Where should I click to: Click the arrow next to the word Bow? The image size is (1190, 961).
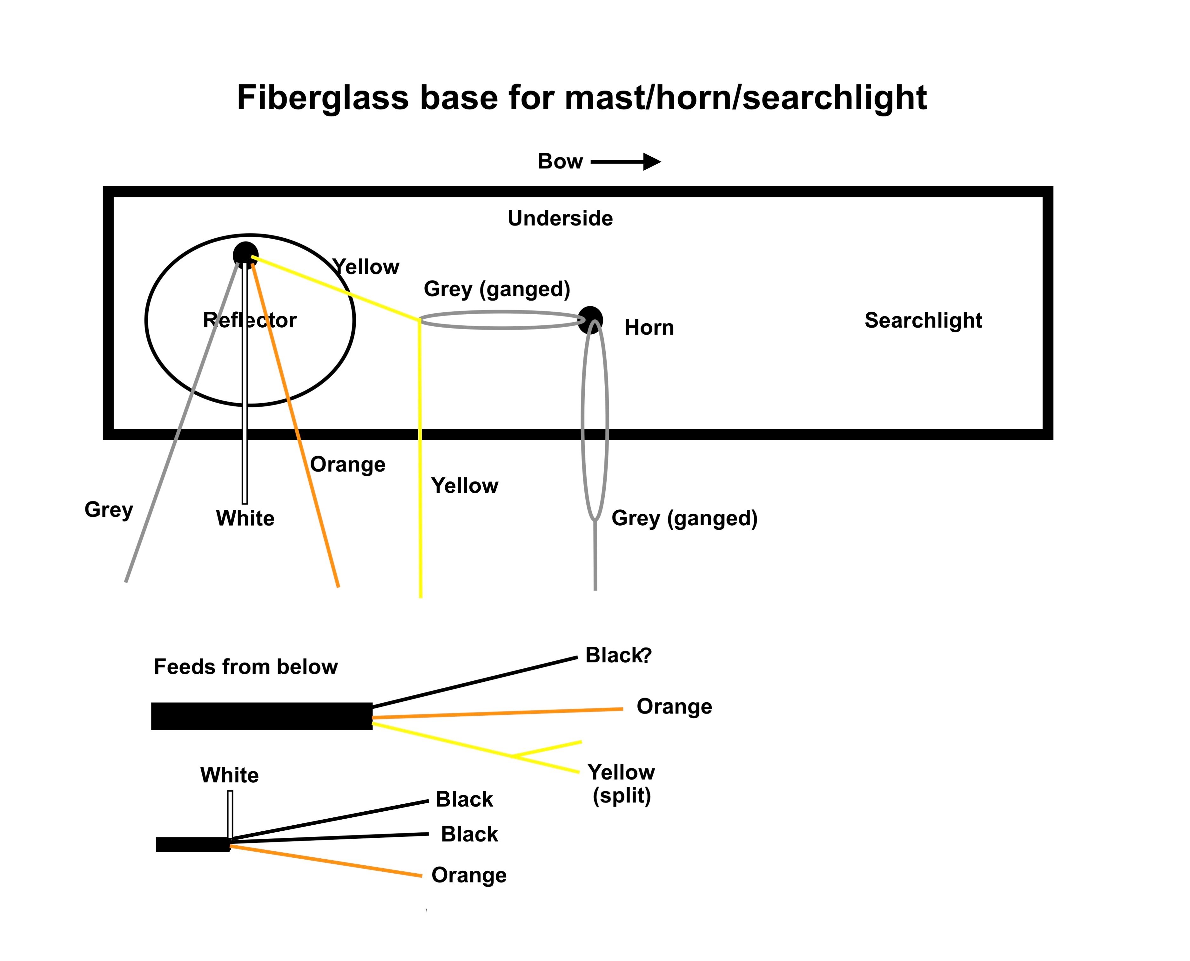click(x=626, y=162)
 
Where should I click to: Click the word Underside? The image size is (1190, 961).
click(x=560, y=218)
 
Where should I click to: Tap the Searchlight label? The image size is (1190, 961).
click(x=923, y=320)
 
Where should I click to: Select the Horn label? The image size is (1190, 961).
click(x=649, y=327)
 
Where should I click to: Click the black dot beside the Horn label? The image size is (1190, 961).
click(x=590, y=319)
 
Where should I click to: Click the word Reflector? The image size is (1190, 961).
click(x=250, y=320)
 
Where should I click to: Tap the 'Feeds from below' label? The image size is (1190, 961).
click(x=245, y=666)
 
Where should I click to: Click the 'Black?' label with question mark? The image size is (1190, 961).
click(x=618, y=655)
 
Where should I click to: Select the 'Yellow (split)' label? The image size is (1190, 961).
click(x=621, y=783)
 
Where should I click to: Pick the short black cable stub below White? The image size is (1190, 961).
click(x=192, y=844)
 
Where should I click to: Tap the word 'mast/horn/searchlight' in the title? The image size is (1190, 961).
click(x=745, y=98)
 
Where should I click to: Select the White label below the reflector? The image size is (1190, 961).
click(x=245, y=518)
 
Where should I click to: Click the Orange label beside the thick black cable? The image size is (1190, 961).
click(x=674, y=706)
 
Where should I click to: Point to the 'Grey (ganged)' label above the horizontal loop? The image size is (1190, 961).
click(x=497, y=289)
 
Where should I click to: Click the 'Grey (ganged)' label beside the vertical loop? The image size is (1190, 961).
click(x=684, y=518)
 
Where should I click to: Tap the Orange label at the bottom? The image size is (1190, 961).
click(x=468, y=875)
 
